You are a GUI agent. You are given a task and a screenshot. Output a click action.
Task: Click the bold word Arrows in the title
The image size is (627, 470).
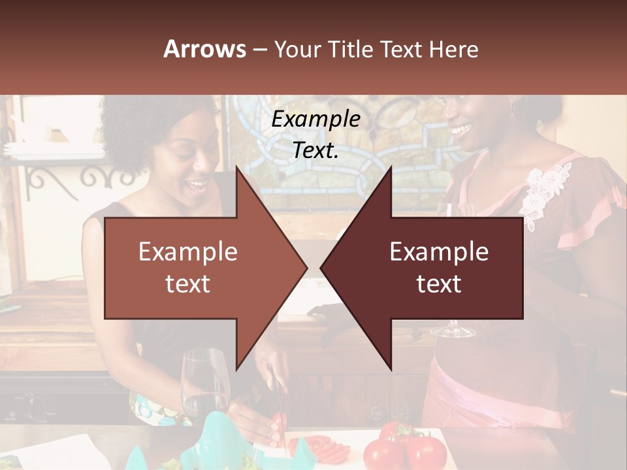point(205,49)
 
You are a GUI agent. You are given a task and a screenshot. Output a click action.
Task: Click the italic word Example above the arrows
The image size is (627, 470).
point(315,119)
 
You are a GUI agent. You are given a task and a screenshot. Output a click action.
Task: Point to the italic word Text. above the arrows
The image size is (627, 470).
point(315,150)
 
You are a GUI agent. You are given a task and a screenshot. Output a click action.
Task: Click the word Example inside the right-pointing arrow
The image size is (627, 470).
point(188,251)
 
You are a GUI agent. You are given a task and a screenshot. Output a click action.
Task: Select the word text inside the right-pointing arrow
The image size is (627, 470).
point(188,283)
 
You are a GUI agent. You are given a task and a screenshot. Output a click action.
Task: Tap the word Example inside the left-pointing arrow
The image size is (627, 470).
point(439,251)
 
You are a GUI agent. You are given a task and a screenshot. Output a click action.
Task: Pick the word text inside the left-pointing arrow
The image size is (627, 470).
point(439,283)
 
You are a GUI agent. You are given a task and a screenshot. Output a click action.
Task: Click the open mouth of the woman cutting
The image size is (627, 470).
point(194,186)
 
